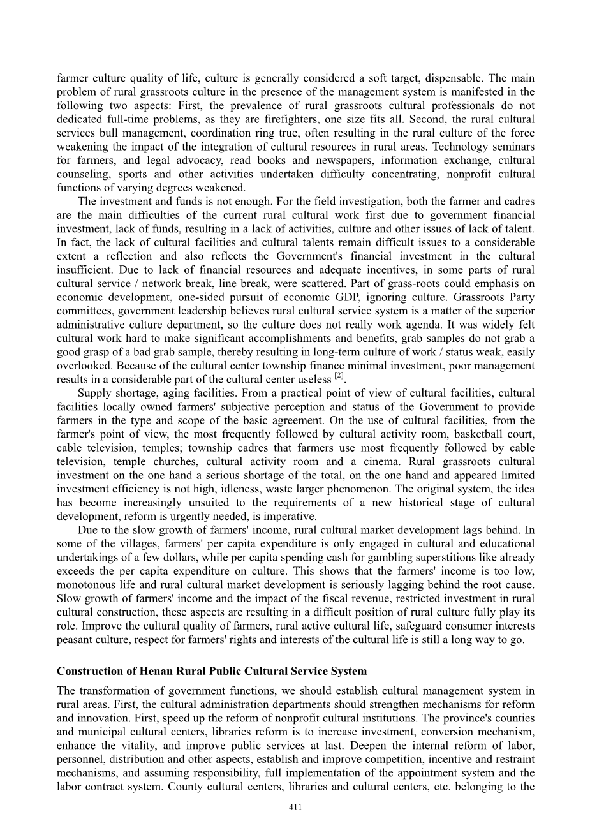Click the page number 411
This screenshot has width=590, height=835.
click(295, 807)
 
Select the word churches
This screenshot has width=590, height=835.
click(191, 462)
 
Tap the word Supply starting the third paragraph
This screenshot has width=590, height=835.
click(94, 393)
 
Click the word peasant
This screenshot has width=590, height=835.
click(74, 640)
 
